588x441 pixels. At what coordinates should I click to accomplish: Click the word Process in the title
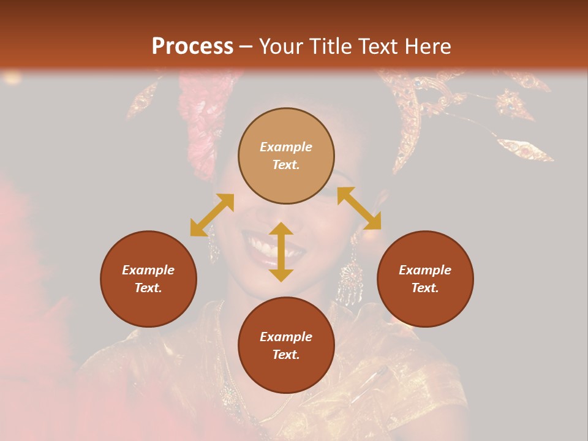[x=192, y=47]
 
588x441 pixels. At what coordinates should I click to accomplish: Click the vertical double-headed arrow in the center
[x=281, y=252]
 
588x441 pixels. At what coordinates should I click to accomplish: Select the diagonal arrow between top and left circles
[x=212, y=215]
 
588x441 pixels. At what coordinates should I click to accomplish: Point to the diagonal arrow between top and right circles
[x=359, y=208]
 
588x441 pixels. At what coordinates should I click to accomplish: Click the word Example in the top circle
[x=286, y=147]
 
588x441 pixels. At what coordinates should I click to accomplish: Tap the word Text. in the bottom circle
[x=286, y=355]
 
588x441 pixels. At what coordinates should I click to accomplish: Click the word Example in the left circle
[x=148, y=270]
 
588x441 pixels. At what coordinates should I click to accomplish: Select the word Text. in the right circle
[x=425, y=288]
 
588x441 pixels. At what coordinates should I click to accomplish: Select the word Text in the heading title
[x=380, y=47]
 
